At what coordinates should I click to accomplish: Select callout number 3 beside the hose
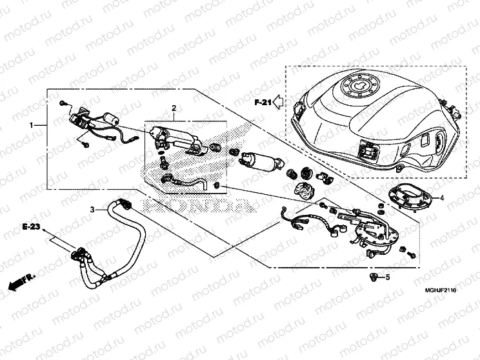[x=92, y=210]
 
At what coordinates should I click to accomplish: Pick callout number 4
[x=442, y=199]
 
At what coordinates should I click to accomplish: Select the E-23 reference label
[x=30, y=228]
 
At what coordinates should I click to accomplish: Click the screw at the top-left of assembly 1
[x=63, y=103]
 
